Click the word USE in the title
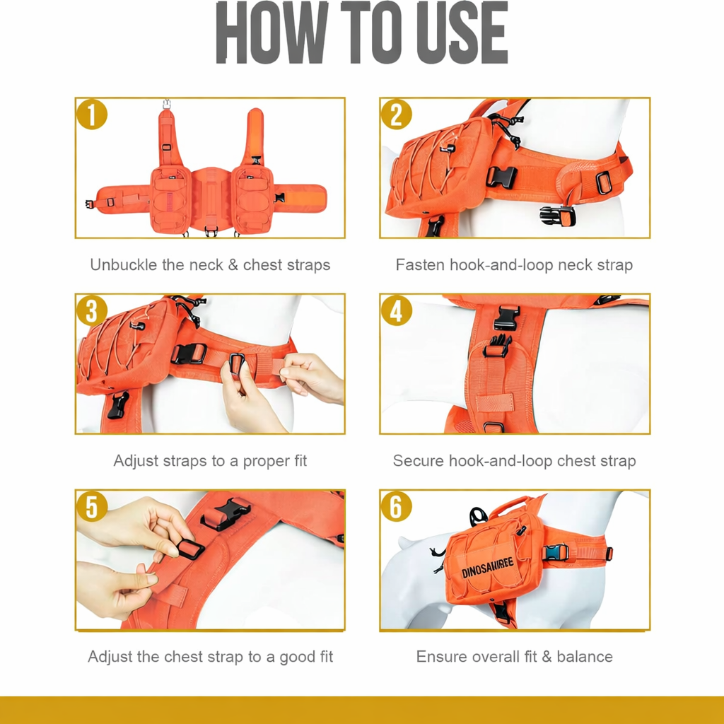462,33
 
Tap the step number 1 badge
92,114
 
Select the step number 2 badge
396,114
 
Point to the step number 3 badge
92,310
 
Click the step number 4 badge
396,310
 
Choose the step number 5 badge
92,506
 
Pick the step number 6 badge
396,506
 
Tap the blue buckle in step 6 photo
556,552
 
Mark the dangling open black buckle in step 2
557,216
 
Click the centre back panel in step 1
211,199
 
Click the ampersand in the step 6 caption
547,657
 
